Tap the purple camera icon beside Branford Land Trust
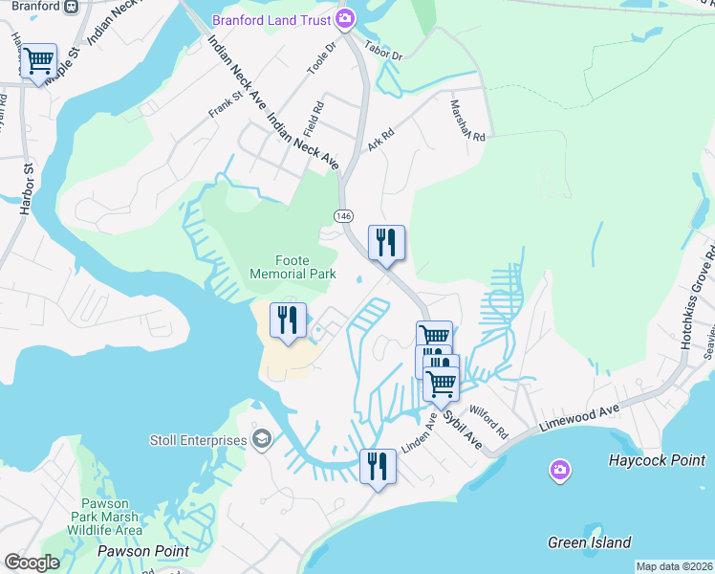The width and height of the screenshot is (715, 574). [x=345, y=18]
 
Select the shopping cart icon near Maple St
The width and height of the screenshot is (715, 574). [x=38, y=62]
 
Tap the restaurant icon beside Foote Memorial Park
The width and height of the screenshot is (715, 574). [x=288, y=320]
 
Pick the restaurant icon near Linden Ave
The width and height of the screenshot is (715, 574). [x=378, y=467]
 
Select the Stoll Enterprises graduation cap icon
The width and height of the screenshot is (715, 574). [x=261, y=439]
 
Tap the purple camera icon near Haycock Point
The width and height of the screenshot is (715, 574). [x=560, y=470]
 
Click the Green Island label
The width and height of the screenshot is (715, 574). [x=589, y=542]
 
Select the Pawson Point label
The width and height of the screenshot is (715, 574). [x=142, y=551]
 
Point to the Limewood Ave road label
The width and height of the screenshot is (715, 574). [x=579, y=418]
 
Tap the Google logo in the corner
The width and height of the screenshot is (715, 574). [x=32, y=563]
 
